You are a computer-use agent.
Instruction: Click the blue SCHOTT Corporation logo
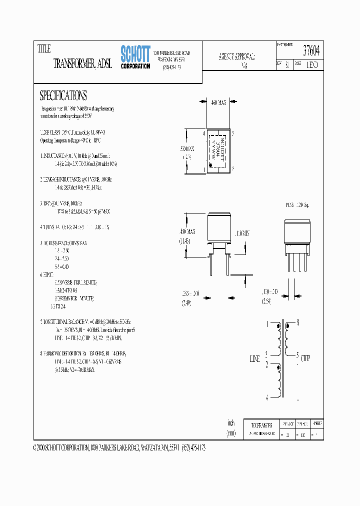[135, 57]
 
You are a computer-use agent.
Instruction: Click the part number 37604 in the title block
[311, 50]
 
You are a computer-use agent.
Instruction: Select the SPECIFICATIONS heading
[63, 95]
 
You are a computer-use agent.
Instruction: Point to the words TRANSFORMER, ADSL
[82, 64]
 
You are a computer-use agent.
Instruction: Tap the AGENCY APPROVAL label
[237, 56]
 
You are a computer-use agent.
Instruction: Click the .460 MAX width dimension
[219, 102]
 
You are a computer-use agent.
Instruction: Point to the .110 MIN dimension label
[241, 233]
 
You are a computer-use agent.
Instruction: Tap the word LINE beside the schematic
[255, 359]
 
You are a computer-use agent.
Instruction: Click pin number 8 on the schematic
[298, 322]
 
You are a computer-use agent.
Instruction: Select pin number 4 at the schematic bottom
[266, 398]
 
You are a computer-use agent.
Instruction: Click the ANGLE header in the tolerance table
[316, 422]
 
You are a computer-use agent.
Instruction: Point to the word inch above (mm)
[231, 422]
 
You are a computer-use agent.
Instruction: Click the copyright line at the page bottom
[119, 448]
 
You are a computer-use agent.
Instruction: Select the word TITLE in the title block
[44, 49]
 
